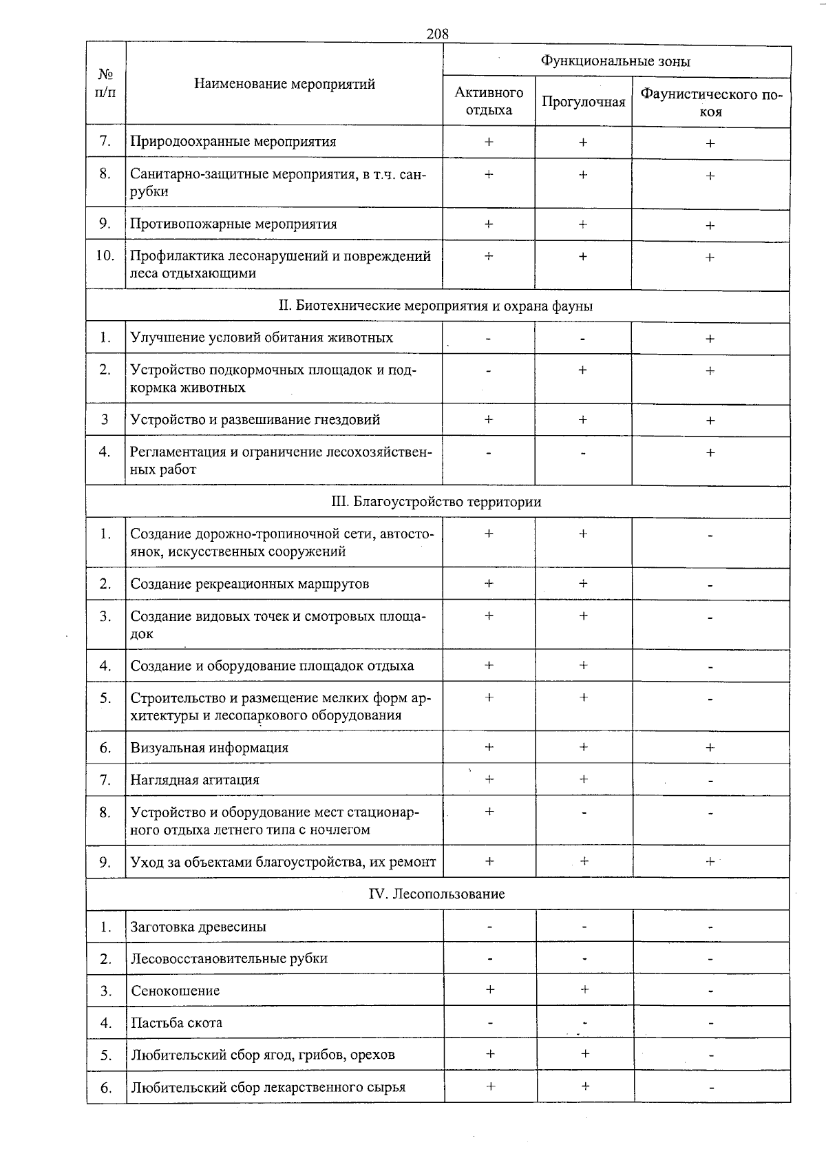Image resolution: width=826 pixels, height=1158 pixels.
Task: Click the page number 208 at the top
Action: pos(437,33)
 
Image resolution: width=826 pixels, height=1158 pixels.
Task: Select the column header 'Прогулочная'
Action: pos(583,102)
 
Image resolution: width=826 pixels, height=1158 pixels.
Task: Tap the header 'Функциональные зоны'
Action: pos(615,61)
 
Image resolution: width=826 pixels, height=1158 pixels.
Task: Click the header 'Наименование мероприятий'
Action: pos(284,84)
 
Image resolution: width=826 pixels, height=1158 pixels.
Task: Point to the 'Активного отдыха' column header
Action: pos(489,101)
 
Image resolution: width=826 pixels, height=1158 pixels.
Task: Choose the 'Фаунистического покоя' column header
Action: pos(711,103)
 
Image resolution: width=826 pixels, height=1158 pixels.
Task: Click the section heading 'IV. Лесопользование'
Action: pos(437,894)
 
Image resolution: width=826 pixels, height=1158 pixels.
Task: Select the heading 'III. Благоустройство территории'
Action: pos(436,501)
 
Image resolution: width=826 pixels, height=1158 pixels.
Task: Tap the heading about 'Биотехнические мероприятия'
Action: pos(436,306)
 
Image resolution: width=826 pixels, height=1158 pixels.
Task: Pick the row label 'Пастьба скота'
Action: pos(177,1022)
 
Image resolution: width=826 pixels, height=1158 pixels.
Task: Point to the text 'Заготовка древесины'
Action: pos(198,926)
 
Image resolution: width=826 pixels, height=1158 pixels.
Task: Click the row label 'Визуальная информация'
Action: pos(209,747)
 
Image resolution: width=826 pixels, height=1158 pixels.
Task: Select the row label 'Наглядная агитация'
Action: pos(195,779)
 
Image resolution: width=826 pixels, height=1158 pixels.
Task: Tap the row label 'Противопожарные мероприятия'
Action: pos(234,224)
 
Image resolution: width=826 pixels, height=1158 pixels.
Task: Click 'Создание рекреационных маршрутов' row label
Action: pos(250,584)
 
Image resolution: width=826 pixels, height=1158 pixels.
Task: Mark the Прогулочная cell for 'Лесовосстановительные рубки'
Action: pos(584,958)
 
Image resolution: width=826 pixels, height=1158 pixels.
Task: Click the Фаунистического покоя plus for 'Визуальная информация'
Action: pos(710,747)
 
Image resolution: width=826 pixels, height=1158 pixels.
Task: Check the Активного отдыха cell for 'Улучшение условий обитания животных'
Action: pos(488,338)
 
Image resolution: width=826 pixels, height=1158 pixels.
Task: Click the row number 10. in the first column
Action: pos(105,255)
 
